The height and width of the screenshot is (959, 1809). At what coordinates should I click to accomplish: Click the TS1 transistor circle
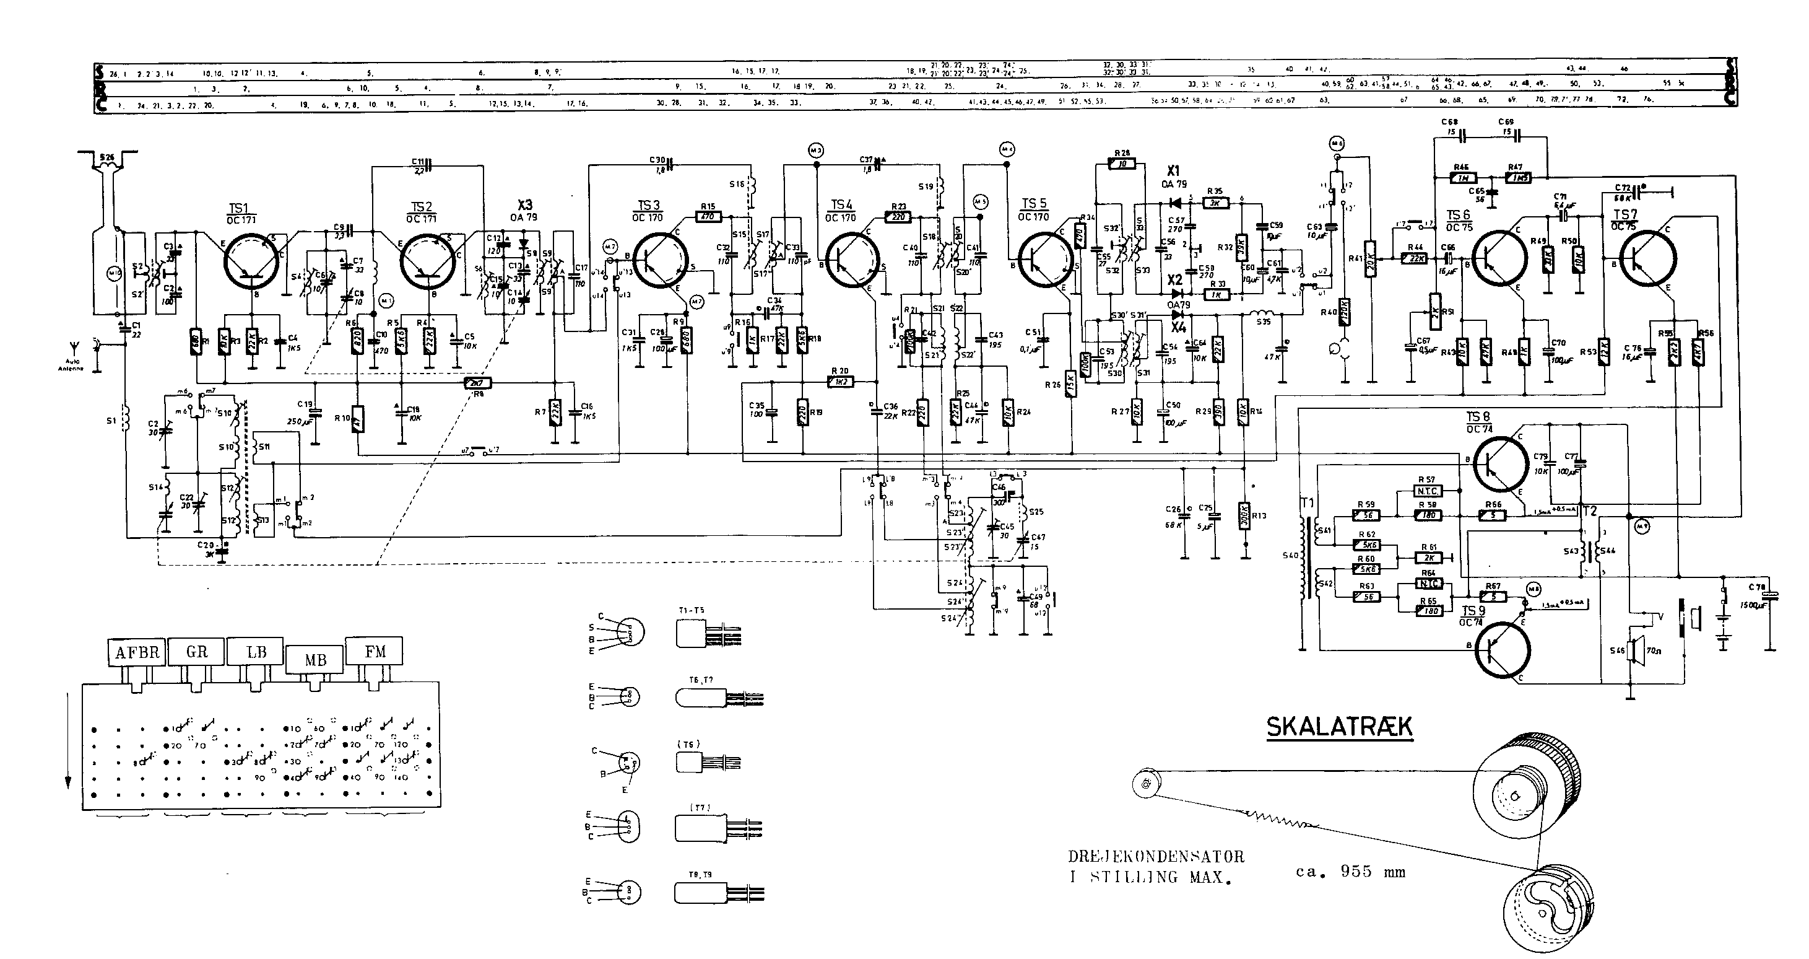coord(252,261)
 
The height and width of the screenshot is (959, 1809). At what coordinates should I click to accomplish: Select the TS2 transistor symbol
coord(427,261)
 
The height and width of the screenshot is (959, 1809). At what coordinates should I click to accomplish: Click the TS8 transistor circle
coord(1501,463)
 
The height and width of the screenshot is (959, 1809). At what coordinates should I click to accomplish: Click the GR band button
coord(197,652)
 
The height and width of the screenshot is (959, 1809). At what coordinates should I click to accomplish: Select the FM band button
coord(375,652)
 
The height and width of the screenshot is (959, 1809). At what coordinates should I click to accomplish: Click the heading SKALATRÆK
coord(1338,727)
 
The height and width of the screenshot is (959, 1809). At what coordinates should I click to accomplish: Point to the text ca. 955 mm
coord(1350,872)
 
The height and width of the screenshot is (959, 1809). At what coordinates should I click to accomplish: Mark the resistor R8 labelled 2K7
coord(478,383)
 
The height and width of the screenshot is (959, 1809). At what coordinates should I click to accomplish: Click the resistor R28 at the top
coord(1122,164)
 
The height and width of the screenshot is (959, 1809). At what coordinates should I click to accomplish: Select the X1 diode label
coord(1173,171)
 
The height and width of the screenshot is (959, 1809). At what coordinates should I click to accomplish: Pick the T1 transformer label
coord(1308,503)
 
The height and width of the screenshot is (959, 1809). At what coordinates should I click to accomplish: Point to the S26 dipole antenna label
coord(106,157)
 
